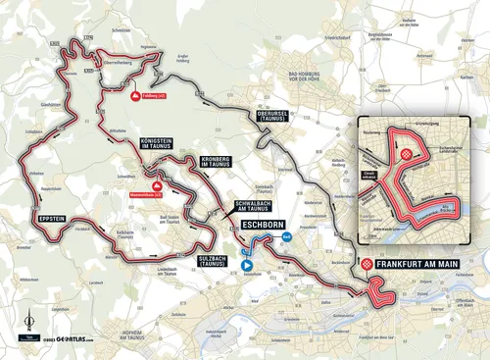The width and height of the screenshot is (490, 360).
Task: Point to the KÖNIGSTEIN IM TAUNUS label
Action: (145, 141)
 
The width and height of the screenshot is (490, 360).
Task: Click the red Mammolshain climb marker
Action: (154, 183)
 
